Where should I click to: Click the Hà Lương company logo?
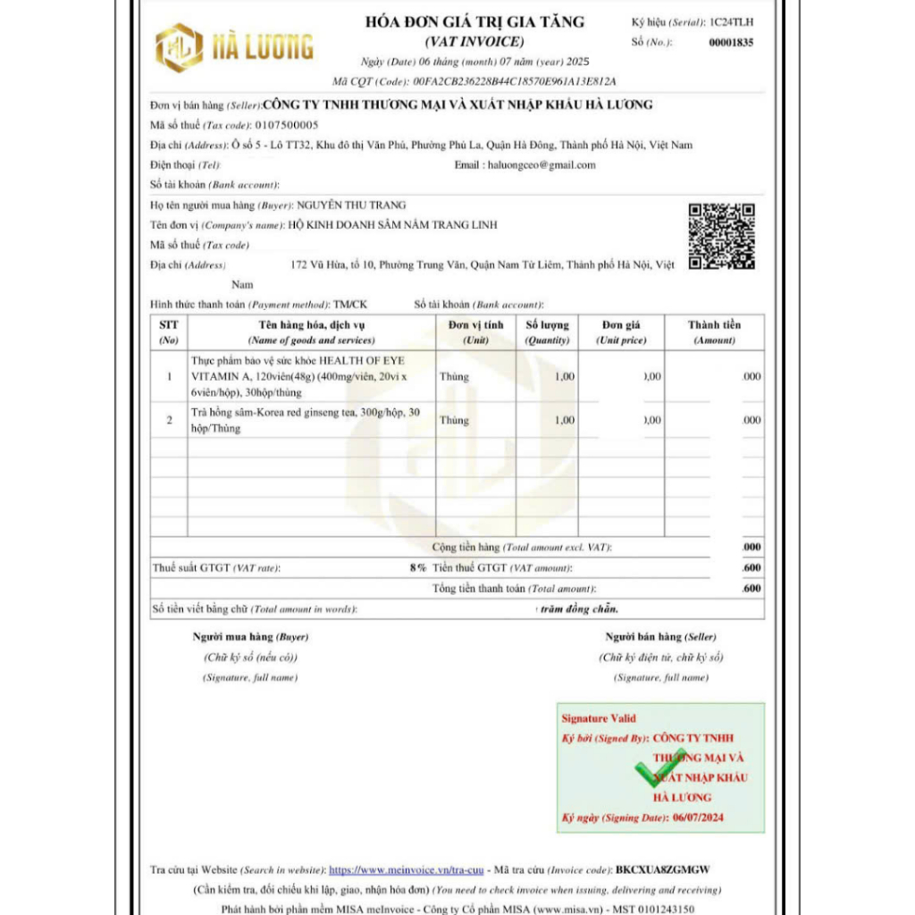tap(234, 47)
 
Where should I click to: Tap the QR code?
tap(721, 236)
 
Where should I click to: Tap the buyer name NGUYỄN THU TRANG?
tap(351, 206)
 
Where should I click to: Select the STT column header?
tap(169, 332)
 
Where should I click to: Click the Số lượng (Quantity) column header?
tap(547, 332)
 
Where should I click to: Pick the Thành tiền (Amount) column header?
tap(714, 332)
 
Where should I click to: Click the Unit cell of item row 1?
tap(454, 377)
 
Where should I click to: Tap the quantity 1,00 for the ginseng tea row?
tap(565, 420)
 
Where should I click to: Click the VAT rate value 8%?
tap(417, 568)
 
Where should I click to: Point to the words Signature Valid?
tap(599, 718)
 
